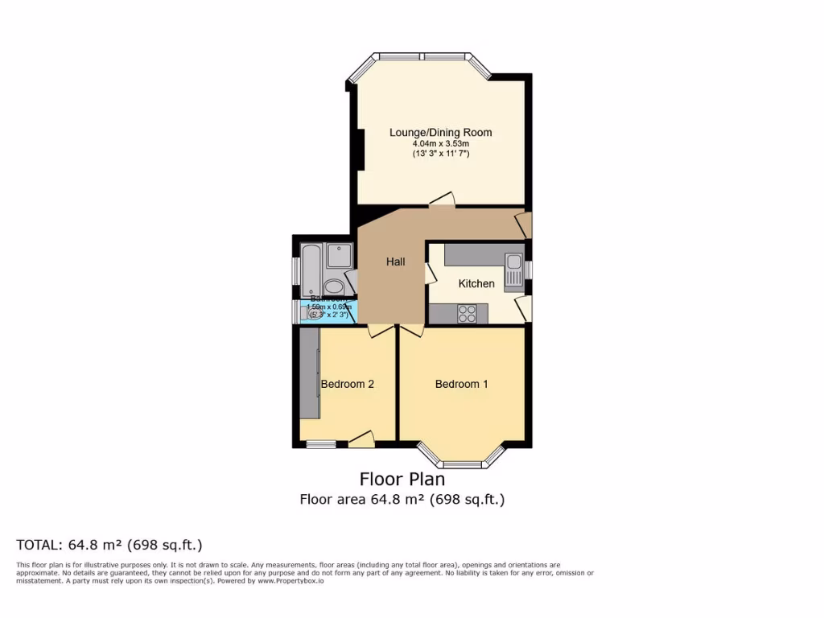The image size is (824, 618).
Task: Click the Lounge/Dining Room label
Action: [440, 133]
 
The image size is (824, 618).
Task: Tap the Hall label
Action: [395, 262]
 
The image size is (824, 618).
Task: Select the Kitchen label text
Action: [476, 283]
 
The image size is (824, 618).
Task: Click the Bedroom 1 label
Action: [461, 384]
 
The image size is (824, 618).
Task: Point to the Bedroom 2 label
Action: [347, 384]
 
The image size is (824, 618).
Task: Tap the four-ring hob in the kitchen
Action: [468, 314]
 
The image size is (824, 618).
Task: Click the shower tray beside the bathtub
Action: [340, 256]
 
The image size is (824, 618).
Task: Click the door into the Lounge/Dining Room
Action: [442, 200]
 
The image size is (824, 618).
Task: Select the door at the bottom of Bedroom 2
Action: [362, 439]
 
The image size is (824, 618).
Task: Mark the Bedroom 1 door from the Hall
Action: [410, 329]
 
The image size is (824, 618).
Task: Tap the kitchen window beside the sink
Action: [529, 270]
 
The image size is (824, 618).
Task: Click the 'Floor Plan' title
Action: [402, 480]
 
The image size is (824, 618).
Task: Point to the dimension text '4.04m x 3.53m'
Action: [440, 144]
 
